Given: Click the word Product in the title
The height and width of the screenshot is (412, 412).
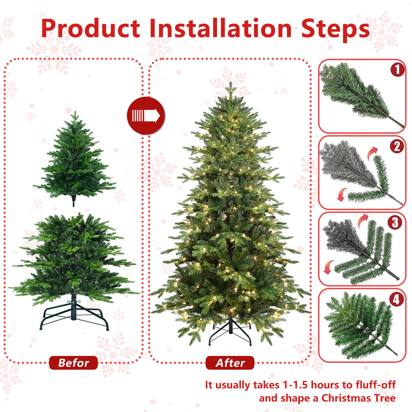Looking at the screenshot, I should [x=91, y=29].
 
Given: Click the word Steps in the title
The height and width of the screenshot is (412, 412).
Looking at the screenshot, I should [x=335, y=29].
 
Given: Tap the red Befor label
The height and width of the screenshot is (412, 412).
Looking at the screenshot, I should [x=73, y=363].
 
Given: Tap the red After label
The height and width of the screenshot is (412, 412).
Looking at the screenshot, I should [x=230, y=363].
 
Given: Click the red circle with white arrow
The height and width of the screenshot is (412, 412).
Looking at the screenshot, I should [x=146, y=116].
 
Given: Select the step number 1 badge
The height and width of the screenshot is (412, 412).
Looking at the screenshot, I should [x=397, y=70].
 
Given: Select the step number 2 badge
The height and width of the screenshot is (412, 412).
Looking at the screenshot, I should [x=397, y=147].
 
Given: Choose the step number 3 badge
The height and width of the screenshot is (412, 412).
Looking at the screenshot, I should [x=395, y=223].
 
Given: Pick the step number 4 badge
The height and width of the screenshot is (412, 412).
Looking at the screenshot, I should [x=396, y=300].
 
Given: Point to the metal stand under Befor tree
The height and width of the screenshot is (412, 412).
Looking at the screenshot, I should [x=74, y=316].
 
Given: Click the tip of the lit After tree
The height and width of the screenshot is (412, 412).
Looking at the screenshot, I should [x=231, y=85].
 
